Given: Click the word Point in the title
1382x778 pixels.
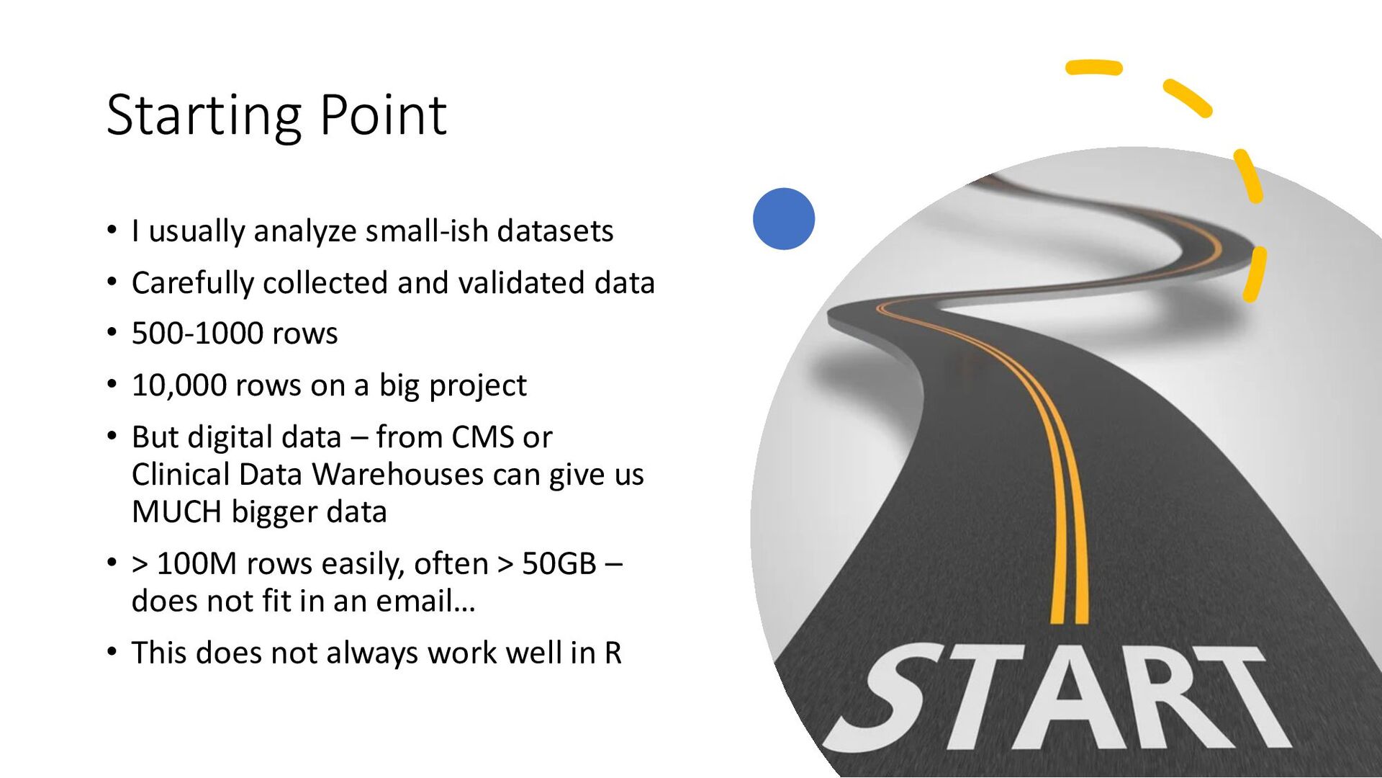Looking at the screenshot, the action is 383,115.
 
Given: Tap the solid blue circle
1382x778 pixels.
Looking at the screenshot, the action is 784,219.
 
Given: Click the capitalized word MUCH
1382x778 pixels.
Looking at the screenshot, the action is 176,512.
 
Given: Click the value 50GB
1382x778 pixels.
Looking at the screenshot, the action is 559,564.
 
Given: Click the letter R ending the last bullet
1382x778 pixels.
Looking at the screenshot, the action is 613,653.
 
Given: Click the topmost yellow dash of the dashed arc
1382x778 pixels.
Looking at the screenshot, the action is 1094,67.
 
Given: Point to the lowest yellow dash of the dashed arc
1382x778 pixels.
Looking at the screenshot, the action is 1255,274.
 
